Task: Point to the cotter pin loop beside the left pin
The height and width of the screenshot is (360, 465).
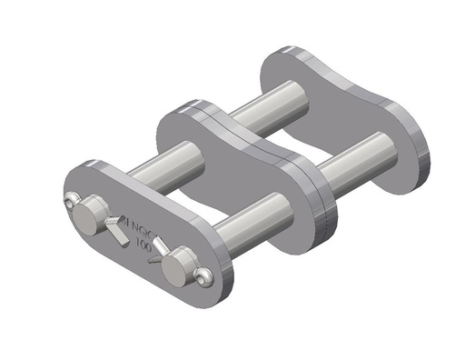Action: point(71,202)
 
